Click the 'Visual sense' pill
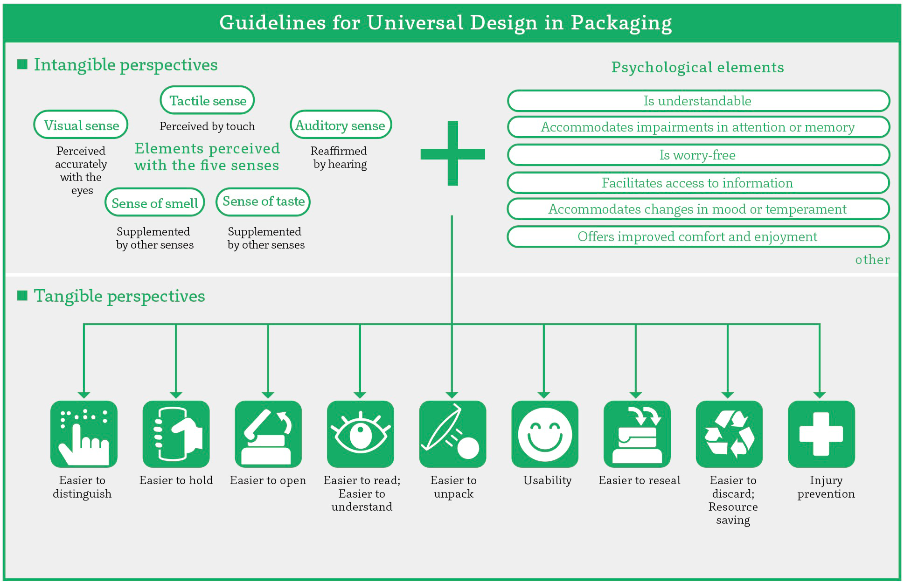81,125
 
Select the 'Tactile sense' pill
207,100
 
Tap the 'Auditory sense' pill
341,125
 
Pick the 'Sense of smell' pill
154,203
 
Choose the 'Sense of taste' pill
263,201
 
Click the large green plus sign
452,153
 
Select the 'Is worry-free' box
698,155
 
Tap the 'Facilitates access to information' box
698,183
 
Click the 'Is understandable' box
698,101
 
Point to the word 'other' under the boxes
872,260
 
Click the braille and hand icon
84,434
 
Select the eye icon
360,434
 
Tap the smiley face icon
544,434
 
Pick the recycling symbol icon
729,434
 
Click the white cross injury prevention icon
821,434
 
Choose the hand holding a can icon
176,434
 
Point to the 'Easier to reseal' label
640,480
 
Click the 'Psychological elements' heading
697,67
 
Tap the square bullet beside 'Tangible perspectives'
22,296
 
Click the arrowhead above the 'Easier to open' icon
268,395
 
